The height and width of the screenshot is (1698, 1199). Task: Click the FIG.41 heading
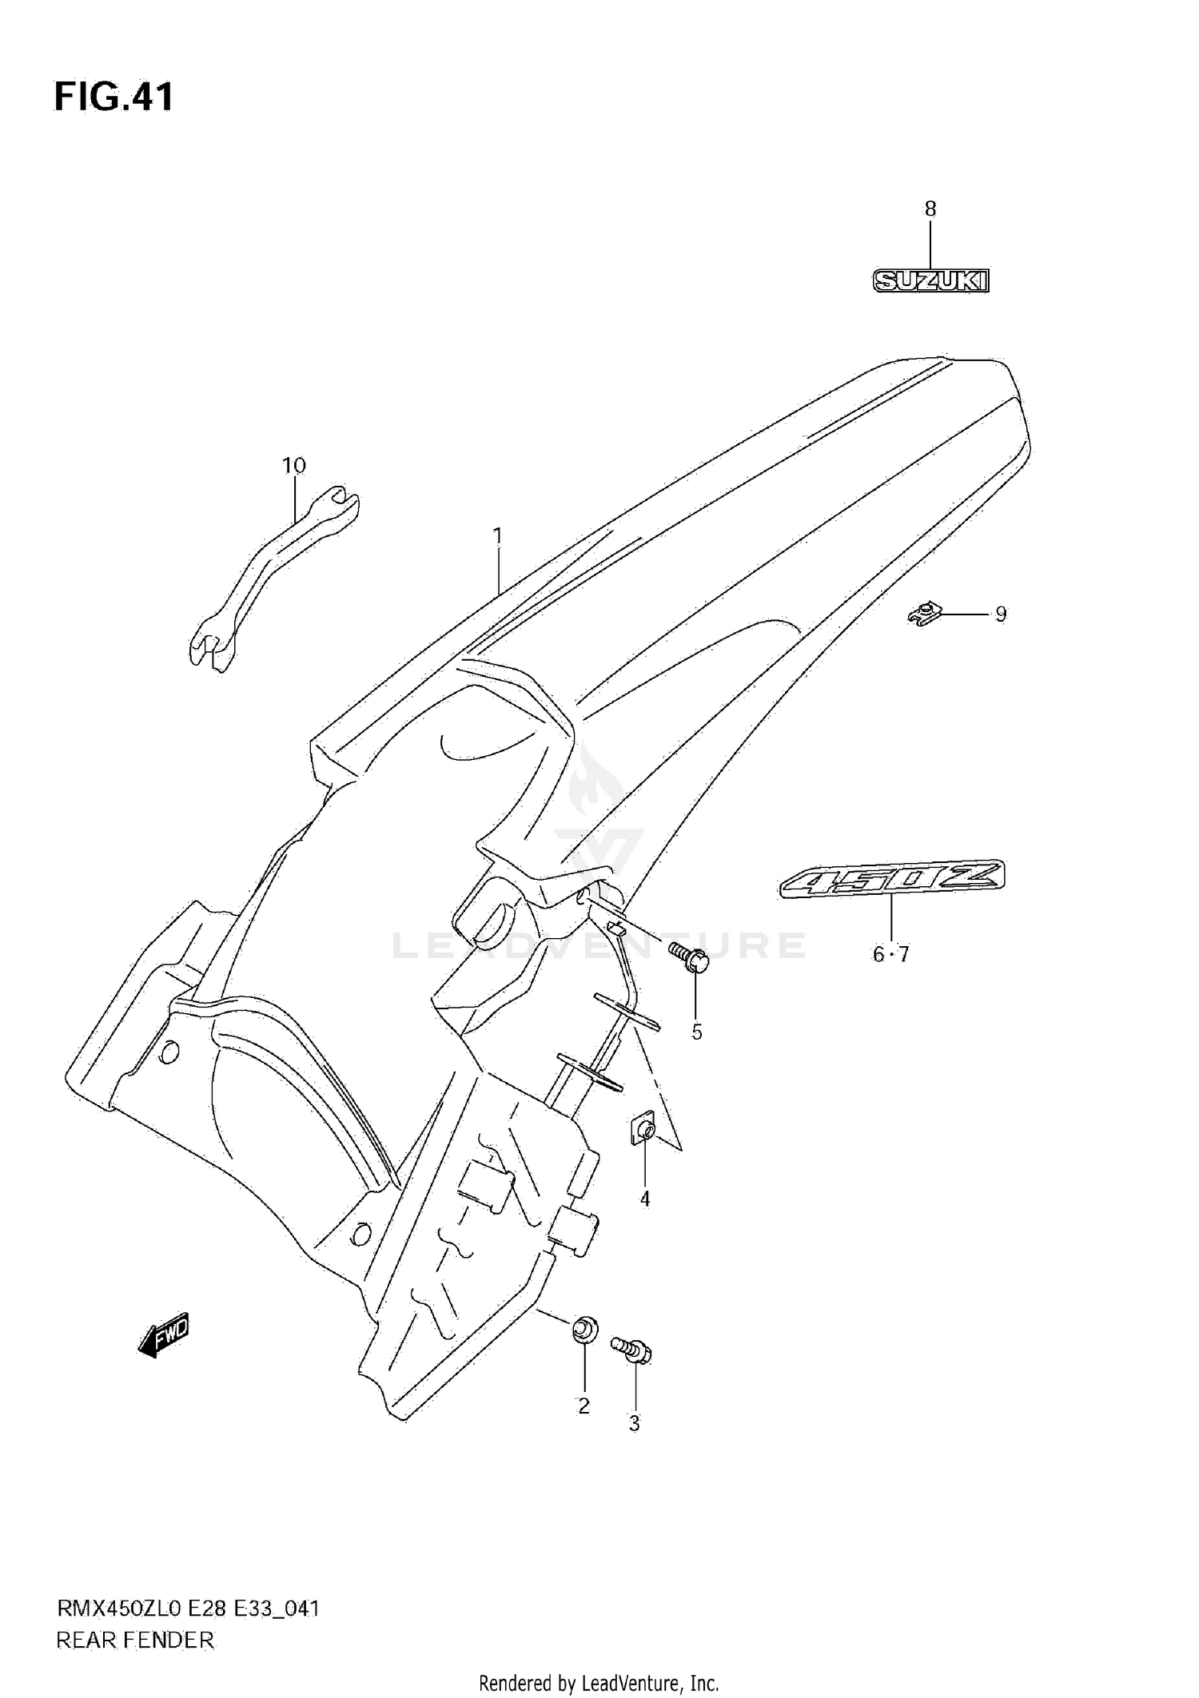coord(114,97)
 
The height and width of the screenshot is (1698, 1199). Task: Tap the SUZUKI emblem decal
coord(930,280)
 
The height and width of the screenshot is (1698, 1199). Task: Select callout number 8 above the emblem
coord(930,209)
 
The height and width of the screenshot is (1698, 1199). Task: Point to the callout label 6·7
coord(890,954)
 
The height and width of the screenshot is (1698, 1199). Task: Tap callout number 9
coord(1000,614)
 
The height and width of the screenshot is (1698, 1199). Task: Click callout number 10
coord(293,465)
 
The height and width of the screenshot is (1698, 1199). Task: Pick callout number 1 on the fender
coord(497,535)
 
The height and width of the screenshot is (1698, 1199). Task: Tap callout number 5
coord(697,1032)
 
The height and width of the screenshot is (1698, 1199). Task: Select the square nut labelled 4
coord(644,1130)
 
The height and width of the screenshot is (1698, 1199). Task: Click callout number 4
coord(645,1199)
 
